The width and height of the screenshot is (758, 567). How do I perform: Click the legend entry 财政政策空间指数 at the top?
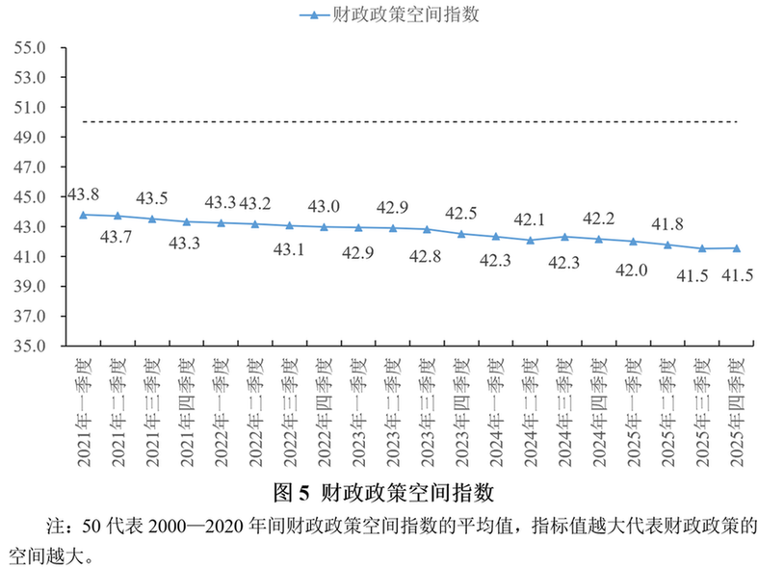[x=389, y=14]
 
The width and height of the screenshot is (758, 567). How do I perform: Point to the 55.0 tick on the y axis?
[x=31, y=47]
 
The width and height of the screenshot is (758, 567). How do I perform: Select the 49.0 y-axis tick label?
[x=31, y=137]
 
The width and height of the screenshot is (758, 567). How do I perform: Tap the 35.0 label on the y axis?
[x=31, y=346]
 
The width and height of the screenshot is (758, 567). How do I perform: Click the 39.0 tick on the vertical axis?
[x=31, y=286]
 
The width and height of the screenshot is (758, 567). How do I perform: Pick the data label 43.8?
[x=83, y=193]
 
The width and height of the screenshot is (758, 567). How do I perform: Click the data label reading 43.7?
[x=118, y=237]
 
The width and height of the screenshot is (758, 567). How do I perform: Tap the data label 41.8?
[x=667, y=223]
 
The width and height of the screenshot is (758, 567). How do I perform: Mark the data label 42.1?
[x=530, y=219]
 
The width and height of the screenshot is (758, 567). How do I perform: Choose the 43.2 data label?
[x=254, y=203]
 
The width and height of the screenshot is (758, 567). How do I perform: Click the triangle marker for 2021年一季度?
[x=83, y=215]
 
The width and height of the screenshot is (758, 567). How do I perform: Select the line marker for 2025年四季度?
[x=737, y=248]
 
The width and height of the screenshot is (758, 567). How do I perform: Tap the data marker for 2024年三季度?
[x=564, y=237]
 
